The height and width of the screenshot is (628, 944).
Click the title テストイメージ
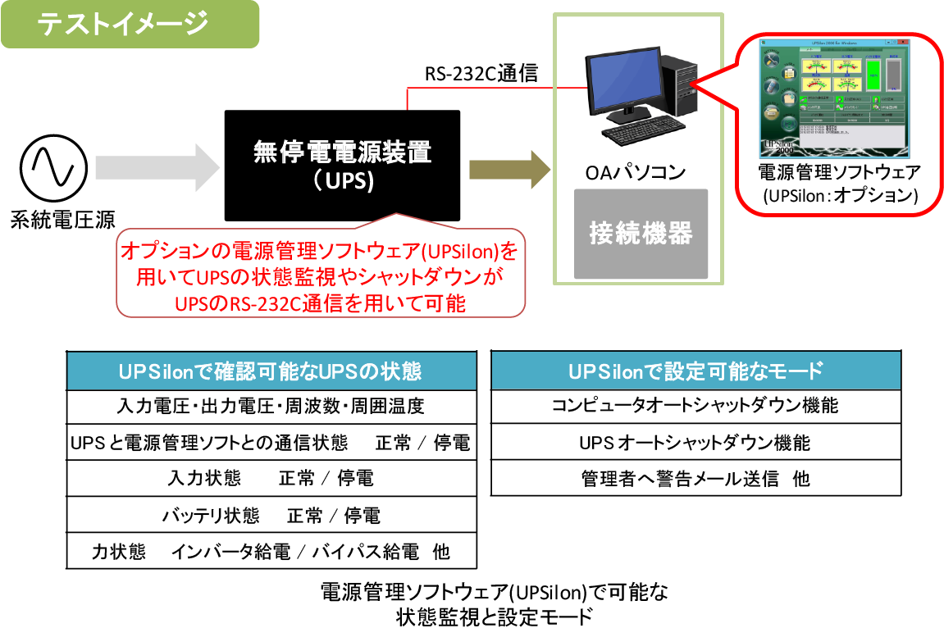124,24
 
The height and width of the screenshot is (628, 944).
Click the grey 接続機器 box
641,234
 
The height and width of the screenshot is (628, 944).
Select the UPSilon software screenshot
834,98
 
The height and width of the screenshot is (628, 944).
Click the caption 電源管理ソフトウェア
839,173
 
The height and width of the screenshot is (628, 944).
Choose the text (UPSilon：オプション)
839,197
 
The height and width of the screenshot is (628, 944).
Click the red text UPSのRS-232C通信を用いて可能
321,304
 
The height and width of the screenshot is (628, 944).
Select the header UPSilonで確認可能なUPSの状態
271,371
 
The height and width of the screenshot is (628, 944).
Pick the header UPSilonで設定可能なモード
695,371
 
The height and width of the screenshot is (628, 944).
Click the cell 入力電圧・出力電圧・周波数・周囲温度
271,406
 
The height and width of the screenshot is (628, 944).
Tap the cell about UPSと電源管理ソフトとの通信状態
271,444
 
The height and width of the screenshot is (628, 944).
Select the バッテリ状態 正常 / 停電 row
271,516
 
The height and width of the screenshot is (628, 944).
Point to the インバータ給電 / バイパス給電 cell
271,552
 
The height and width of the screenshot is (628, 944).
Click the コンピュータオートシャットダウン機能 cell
695,406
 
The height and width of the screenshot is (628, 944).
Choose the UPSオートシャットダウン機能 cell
695,444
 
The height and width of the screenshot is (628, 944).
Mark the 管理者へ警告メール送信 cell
695,479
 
